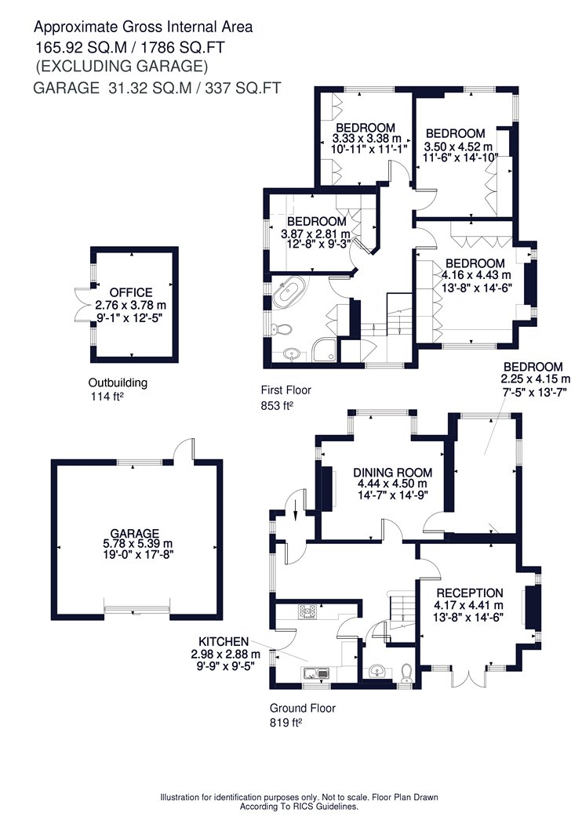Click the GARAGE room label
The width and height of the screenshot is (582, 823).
click(x=134, y=534)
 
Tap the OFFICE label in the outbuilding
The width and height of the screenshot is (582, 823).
click(x=131, y=293)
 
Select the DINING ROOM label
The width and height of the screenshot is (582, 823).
click(x=392, y=473)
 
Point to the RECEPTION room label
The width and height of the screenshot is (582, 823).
click(x=470, y=593)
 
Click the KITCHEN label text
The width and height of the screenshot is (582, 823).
click(x=224, y=642)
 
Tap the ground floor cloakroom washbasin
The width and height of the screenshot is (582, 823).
click(x=377, y=671)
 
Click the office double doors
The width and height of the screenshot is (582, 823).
click(x=83, y=304)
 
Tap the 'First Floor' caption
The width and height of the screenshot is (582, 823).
click(x=286, y=390)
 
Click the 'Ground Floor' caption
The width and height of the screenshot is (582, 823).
click(x=303, y=708)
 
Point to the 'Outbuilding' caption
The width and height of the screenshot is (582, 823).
click(x=118, y=383)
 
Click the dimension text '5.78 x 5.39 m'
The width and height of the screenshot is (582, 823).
click(x=137, y=544)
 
